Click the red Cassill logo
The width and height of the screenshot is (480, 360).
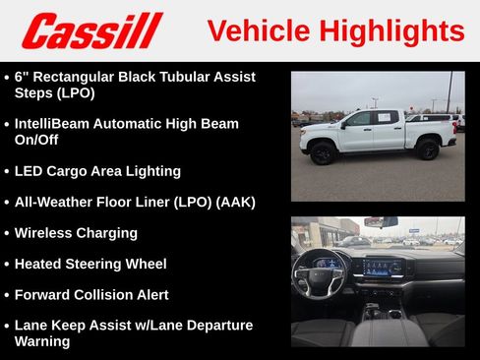click(x=90, y=30)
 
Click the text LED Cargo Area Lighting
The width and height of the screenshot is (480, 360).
click(x=97, y=170)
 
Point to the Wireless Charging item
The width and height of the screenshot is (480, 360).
click(x=76, y=233)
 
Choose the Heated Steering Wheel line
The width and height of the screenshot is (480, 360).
click(x=90, y=264)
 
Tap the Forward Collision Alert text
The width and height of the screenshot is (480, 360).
click(x=91, y=294)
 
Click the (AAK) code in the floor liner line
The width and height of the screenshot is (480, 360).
click(x=235, y=202)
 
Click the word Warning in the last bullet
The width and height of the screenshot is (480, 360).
click(x=42, y=341)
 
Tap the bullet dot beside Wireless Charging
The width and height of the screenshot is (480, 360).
click(x=6, y=234)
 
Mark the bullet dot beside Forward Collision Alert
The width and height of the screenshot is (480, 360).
click(x=6, y=295)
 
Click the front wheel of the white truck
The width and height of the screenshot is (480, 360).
click(x=323, y=152)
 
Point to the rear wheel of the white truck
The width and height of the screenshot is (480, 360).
click(x=426, y=150)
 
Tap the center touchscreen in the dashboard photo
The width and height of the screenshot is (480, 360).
click(x=385, y=267)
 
